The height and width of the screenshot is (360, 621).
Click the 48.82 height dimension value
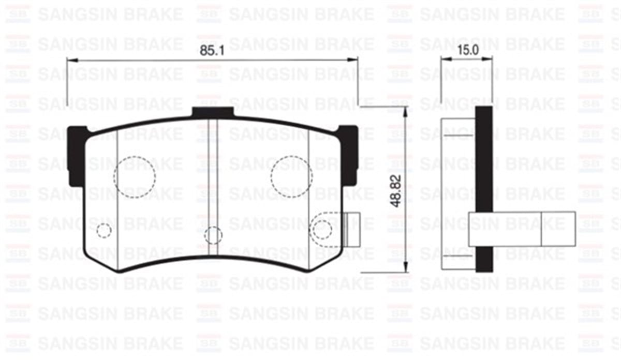coord(396,189)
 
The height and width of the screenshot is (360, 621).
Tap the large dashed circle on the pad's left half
coord(135,176)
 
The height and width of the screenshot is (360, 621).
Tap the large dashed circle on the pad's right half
coord(291,176)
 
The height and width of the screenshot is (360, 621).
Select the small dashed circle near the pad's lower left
coord(104,230)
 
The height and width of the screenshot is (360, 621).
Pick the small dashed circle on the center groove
coord(213,235)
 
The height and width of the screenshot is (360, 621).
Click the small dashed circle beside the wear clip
coord(321,228)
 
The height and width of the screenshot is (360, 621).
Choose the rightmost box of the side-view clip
coord(558,228)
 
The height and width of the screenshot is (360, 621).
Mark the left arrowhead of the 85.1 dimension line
coord(70,61)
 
